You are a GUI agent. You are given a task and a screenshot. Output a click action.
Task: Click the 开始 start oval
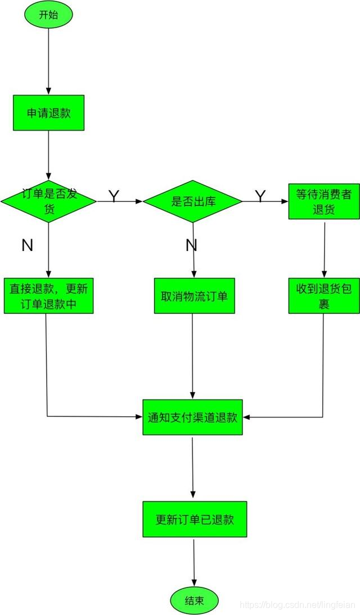(x=48, y=15)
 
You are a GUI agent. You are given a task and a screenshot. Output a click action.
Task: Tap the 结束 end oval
(x=194, y=600)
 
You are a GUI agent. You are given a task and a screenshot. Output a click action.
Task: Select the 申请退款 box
(x=48, y=113)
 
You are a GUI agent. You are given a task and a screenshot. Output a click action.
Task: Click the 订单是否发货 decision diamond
(x=48, y=201)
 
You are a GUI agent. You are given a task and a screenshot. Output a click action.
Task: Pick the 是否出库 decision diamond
(x=193, y=201)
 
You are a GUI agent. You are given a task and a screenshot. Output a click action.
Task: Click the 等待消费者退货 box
(x=323, y=201)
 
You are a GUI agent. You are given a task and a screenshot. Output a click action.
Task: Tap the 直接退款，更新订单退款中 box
(x=48, y=295)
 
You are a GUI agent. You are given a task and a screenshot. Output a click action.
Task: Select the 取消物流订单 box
(x=194, y=295)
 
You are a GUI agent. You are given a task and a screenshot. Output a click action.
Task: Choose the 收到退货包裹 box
(x=323, y=295)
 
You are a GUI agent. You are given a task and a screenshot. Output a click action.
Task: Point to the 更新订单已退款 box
(x=195, y=519)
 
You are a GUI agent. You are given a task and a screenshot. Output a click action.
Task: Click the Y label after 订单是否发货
(x=114, y=196)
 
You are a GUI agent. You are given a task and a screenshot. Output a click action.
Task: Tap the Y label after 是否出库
(x=260, y=196)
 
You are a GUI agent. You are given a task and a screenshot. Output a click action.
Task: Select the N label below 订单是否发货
(x=27, y=245)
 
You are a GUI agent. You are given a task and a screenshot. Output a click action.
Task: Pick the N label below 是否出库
(x=191, y=245)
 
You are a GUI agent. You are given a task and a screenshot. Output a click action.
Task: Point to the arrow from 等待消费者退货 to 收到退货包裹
(x=324, y=248)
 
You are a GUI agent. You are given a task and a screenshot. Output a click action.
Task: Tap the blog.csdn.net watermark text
(x=298, y=604)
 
